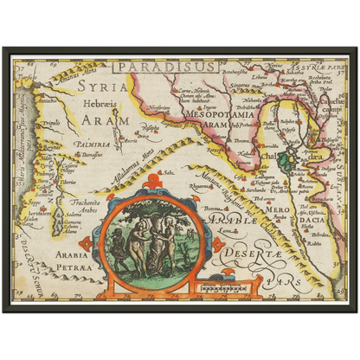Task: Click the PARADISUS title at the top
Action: [156, 64]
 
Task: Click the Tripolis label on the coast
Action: [51, 124]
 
